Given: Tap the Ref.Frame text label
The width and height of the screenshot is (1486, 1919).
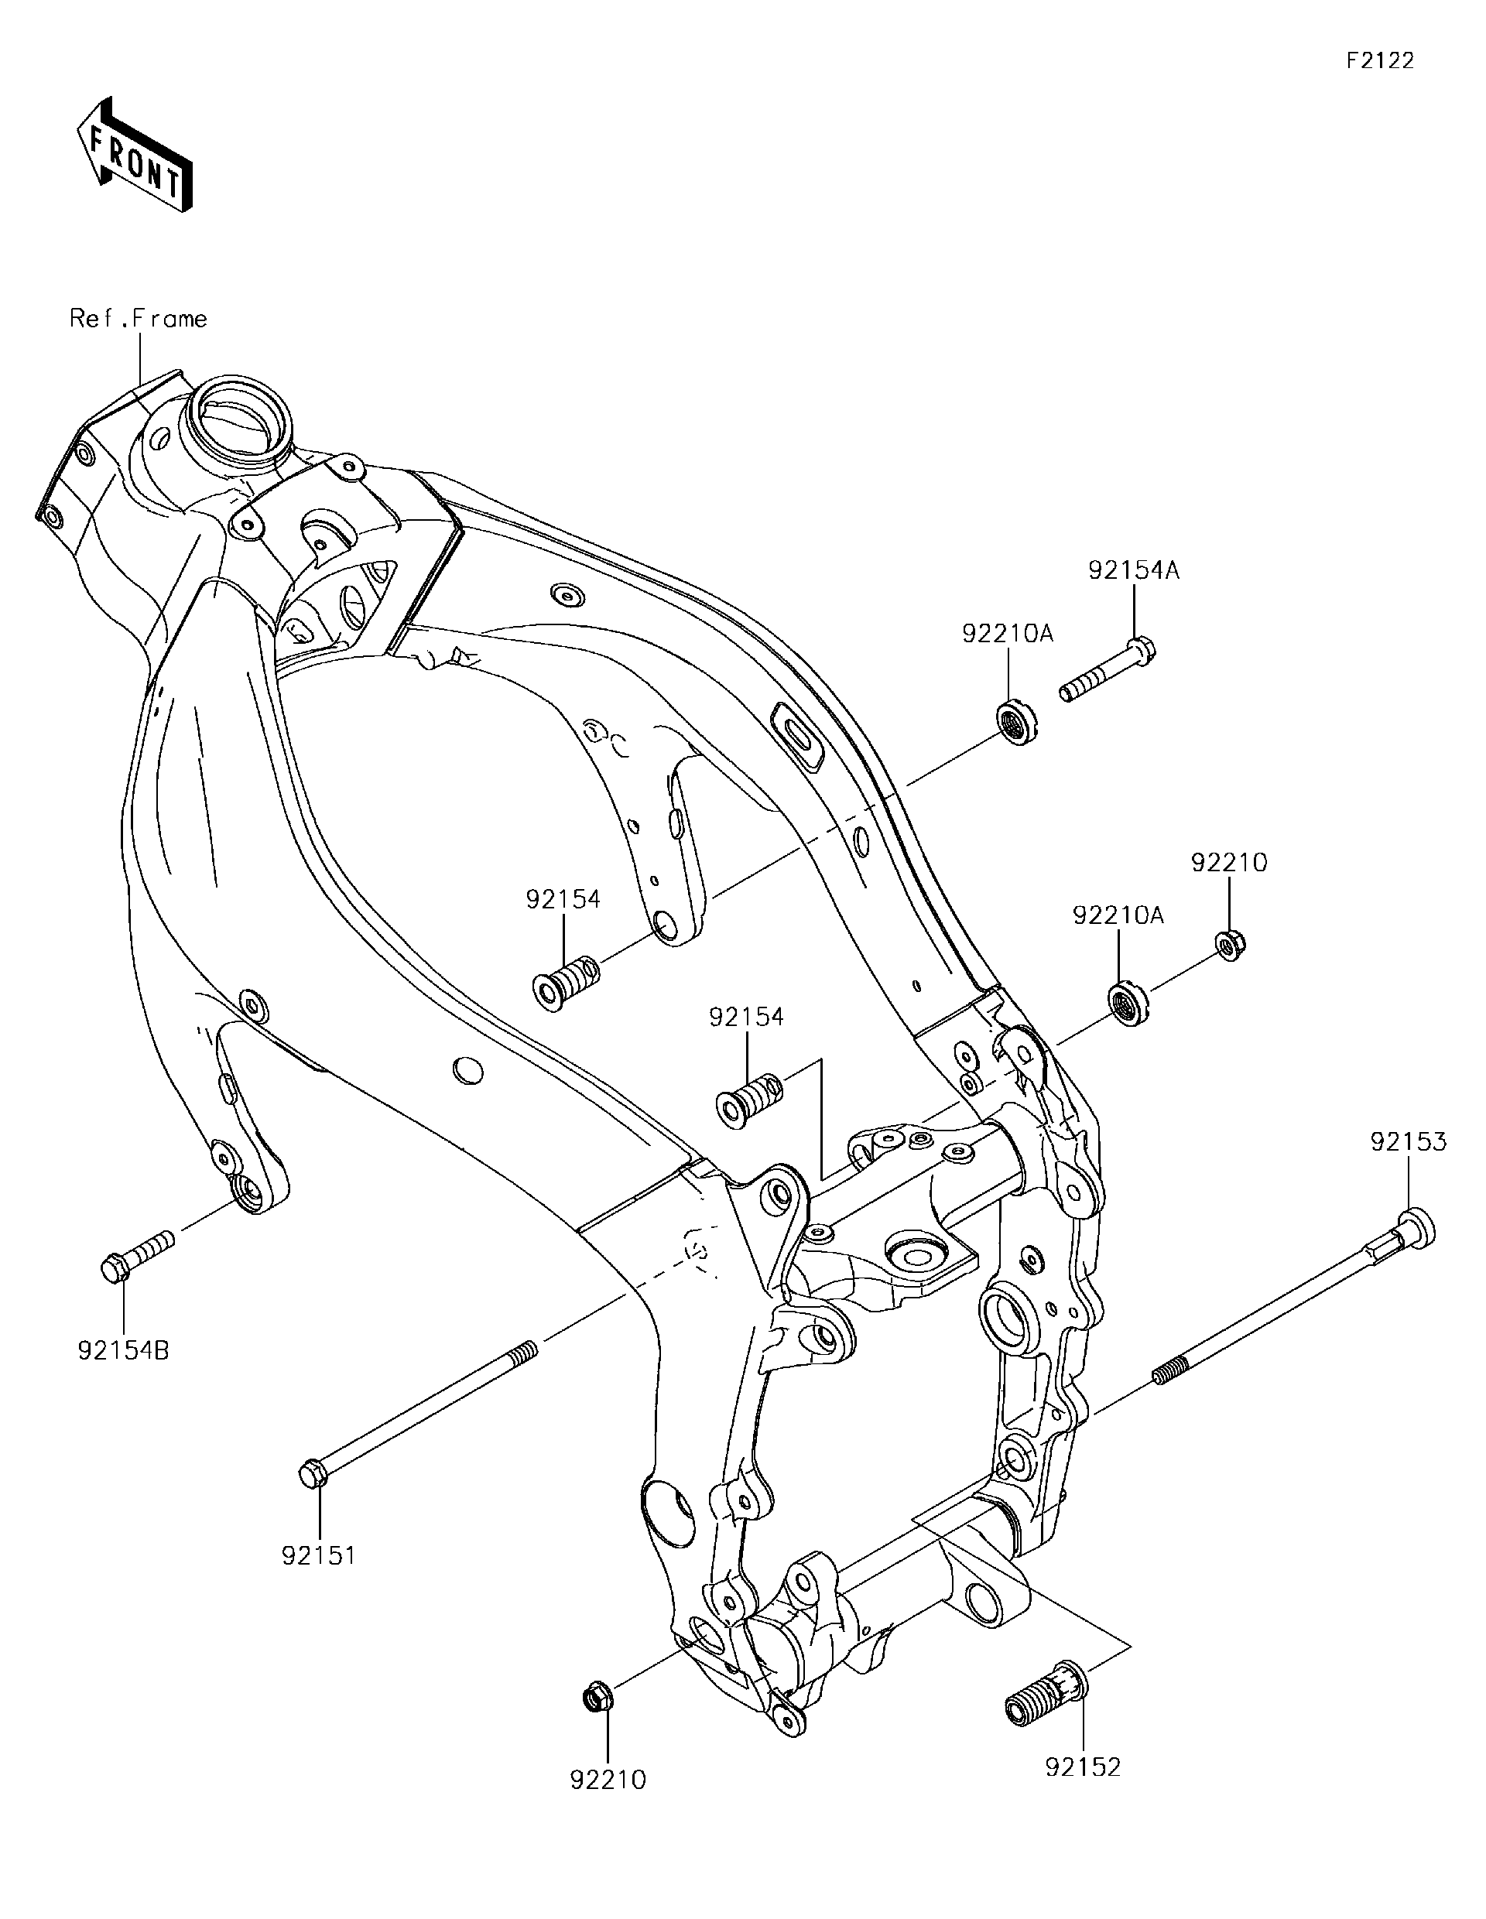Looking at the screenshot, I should (139, 318).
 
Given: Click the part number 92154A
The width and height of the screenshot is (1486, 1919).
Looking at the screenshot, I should (1134, 570).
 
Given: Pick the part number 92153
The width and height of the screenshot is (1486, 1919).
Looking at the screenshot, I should (1408, 1141).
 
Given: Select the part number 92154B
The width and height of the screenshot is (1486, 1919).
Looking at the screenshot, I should (123, 1349).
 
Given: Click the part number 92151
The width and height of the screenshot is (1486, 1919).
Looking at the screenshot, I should (318, 1555).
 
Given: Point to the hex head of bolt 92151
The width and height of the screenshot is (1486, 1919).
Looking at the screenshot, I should (313, 1473).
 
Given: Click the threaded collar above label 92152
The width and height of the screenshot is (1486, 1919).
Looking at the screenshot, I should (1046, 1694).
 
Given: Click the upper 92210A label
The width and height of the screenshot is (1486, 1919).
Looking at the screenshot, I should (1007, 633).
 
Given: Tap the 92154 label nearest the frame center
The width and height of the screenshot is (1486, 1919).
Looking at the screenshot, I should (746, 1017).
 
